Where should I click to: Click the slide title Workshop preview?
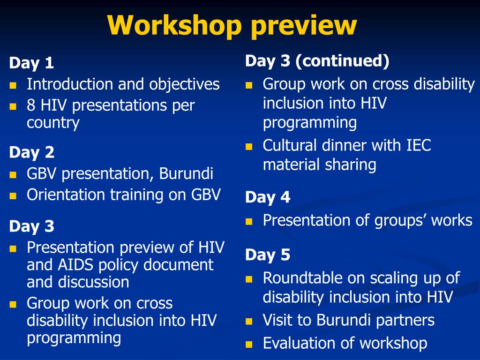[232, 25]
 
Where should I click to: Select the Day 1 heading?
[31, 63]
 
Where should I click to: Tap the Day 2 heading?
[31, 152]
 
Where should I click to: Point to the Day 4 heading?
[268, 197]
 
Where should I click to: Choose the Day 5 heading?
[268, 255]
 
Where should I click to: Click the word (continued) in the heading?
[343, 60]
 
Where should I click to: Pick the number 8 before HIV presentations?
[31, 105]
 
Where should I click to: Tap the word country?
[53, 123]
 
